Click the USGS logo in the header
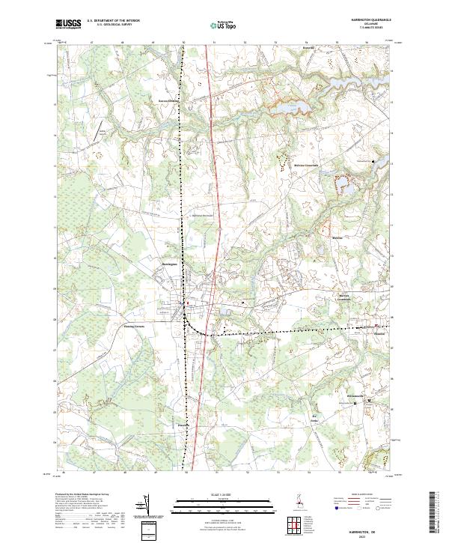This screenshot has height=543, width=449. [69, 24]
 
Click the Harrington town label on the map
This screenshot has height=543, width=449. [169, 264]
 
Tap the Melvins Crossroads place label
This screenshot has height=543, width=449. [327, 166]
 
